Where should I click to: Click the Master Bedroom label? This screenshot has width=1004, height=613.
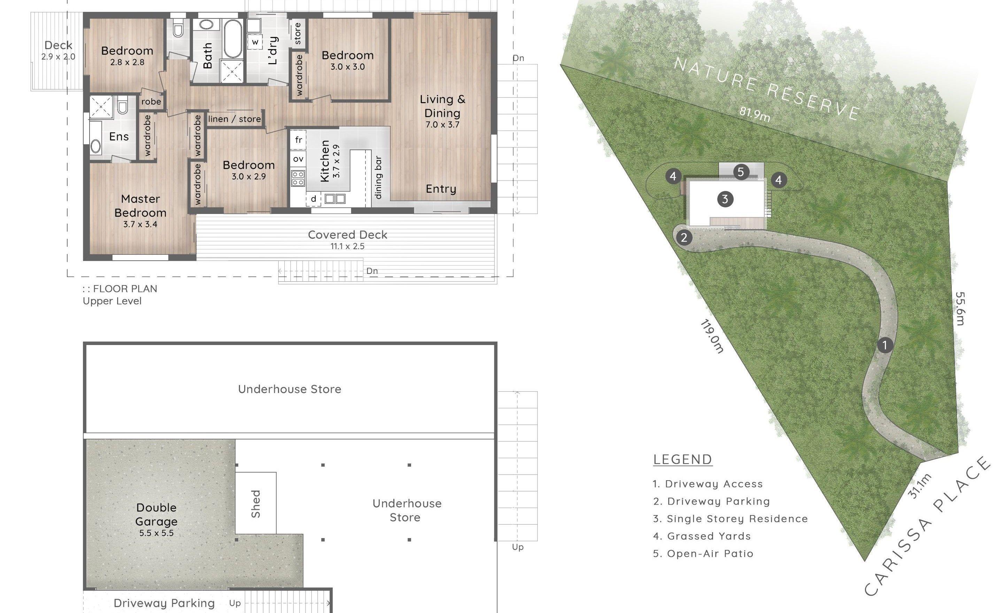(140, 206)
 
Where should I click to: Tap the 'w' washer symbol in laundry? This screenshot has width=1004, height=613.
(255, 42)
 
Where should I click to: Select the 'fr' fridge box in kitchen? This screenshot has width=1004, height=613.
(298, 140)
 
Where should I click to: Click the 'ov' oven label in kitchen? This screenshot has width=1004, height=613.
(298, 159)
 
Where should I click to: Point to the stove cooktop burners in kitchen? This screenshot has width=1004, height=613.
(298, 178)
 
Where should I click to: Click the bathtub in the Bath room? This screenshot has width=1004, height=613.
(232, 39)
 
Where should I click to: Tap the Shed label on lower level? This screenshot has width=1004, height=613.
(255, 504)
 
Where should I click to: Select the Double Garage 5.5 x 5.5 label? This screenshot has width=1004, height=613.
(156, 519)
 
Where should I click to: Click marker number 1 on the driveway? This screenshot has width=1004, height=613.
(885, 345)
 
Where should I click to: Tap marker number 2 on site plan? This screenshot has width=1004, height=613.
(684, 237)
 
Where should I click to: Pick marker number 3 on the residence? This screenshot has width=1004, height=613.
(725, 199)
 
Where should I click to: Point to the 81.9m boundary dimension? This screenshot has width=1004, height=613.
(755, 114)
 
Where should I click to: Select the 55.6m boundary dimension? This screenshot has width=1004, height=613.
(960, 308)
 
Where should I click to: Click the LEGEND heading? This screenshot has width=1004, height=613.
(682, 459)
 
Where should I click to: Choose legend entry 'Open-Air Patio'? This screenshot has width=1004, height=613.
(703, 553)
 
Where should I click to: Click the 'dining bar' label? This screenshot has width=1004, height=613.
(378, 177)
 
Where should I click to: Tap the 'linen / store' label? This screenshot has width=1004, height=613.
(234, 119)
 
